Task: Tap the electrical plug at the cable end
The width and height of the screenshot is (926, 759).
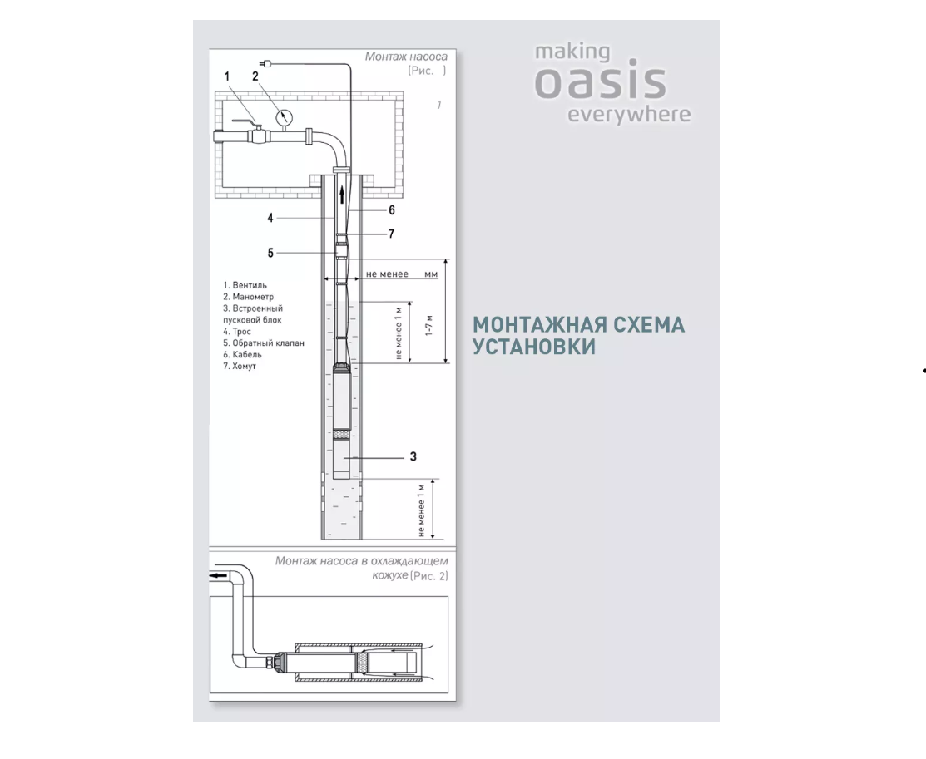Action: tap(265, 62)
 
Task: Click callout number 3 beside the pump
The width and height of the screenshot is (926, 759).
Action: tap(413, 457)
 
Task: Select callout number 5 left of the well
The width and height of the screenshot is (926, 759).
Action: tap(270, 253)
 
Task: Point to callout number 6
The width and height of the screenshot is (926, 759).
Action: tap(392, 210)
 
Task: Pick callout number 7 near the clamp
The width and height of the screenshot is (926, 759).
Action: tap(391, 234)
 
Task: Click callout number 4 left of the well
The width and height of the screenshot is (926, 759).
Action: tap(270, 218)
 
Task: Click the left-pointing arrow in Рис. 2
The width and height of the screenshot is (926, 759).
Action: tap(219, 575)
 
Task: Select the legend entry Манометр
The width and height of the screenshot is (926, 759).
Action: tap(248, 297)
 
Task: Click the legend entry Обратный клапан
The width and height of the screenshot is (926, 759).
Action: tap(264, 343)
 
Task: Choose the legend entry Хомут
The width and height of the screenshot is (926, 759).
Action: tap(240, 366)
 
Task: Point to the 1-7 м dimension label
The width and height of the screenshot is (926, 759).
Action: tap(430, 325)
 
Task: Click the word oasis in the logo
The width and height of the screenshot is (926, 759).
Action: tap(601, 82)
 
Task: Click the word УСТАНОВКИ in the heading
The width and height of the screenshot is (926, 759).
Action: tap(534, 347)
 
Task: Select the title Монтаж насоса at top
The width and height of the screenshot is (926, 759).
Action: tap(406, 57)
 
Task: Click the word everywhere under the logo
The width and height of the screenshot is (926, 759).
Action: tap(629, 115)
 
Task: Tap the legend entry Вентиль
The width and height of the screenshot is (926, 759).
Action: tap(245, 285)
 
